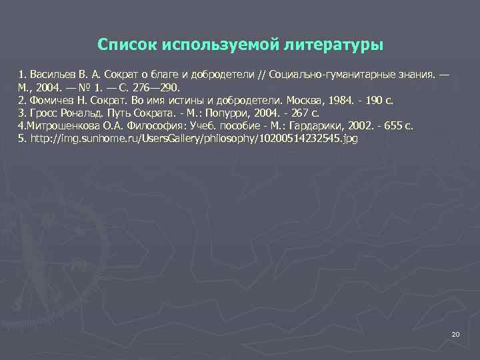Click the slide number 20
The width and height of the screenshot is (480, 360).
coord(456,333)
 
